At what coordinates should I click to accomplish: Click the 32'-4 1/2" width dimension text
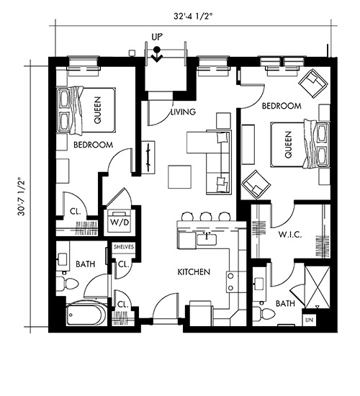pos(193,16)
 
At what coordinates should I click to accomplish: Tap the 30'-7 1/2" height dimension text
pos(22,197)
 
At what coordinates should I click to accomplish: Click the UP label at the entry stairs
pos(157,37)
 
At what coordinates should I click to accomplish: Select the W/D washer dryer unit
pos(120,221)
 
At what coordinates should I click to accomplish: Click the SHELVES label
pos(124,247)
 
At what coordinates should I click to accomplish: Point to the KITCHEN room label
pos(194,272)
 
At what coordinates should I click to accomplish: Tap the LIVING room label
pos(184,112)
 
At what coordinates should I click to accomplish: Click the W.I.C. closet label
pos(290,235)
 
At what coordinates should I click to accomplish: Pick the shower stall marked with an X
pos(318,287)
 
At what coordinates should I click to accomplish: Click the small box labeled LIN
pos(309,320)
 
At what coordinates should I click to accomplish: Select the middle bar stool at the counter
pos(205,216)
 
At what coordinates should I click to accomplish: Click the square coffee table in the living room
pos(179,177)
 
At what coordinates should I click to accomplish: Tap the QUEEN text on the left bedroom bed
pos(97,110)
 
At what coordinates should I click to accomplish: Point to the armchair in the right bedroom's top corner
pos(313,83)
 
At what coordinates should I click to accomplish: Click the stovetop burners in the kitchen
pos(230,282)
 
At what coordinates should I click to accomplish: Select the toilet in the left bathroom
pos(67,284)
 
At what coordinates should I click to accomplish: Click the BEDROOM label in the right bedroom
pos(282,106)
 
